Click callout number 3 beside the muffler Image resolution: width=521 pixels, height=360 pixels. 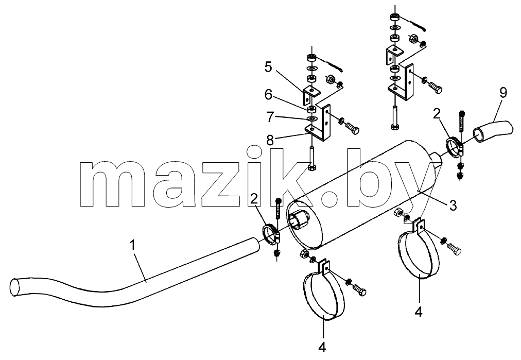pyautogui.click(x=453, y=205)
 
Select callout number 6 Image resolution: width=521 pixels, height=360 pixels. pyautogui.click(x=268, y=95)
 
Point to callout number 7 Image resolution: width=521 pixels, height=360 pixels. pyautogui.click(x=269, y=117)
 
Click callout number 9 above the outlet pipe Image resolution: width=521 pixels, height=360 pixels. pyautogui.click(x=503, y=93)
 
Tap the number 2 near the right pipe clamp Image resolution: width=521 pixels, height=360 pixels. pyautogui.click(x=437, y=114)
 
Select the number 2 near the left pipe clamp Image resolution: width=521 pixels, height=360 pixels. pyautogui.click(x=254, y=199)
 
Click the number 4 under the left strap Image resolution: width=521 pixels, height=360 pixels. pyautogui.click(x=322, y=347)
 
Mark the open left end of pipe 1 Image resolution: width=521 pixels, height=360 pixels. pyautogui.click(x=15, y=287)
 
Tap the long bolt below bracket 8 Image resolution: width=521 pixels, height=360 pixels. pyautogui.click(x=312, y=159)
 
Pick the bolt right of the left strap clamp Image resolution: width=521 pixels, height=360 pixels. pyautogui.click(x=359, y=288)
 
